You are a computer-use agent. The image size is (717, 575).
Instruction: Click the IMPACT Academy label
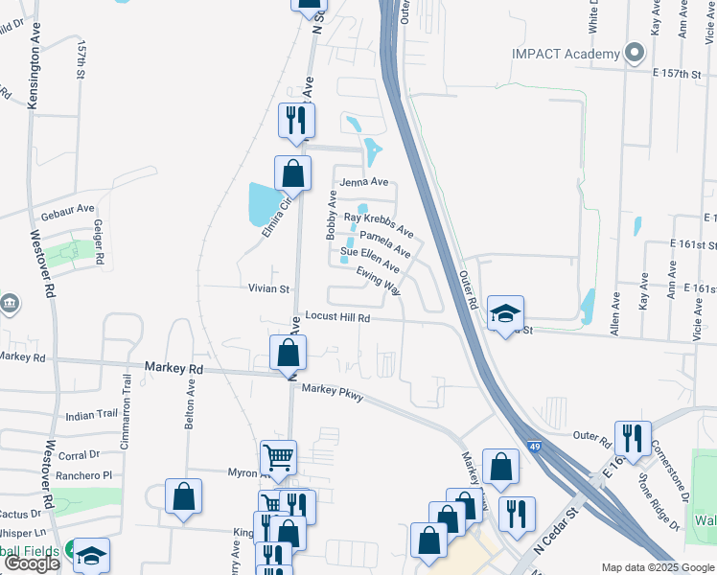(566, 54)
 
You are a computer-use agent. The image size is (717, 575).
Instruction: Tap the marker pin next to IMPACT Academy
(634, 54)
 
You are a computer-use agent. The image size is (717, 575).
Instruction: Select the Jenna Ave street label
(360, 182)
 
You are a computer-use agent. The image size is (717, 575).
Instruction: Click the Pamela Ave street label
(385, 243)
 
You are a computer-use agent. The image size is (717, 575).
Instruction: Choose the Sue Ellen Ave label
(370, 259)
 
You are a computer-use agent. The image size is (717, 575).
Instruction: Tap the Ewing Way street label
(378, 280)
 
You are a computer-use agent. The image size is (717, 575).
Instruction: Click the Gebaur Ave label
(67, 208)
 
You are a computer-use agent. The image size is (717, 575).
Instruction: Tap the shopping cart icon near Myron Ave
(278, 458)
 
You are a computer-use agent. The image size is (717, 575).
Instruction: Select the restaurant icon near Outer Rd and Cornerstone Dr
(632, 438)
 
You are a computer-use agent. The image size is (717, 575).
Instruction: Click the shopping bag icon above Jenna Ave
(292, 173)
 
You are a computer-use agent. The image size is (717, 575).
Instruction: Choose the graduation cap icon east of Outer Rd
(505, 312)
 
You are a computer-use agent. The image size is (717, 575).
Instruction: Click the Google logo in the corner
(32, 563)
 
